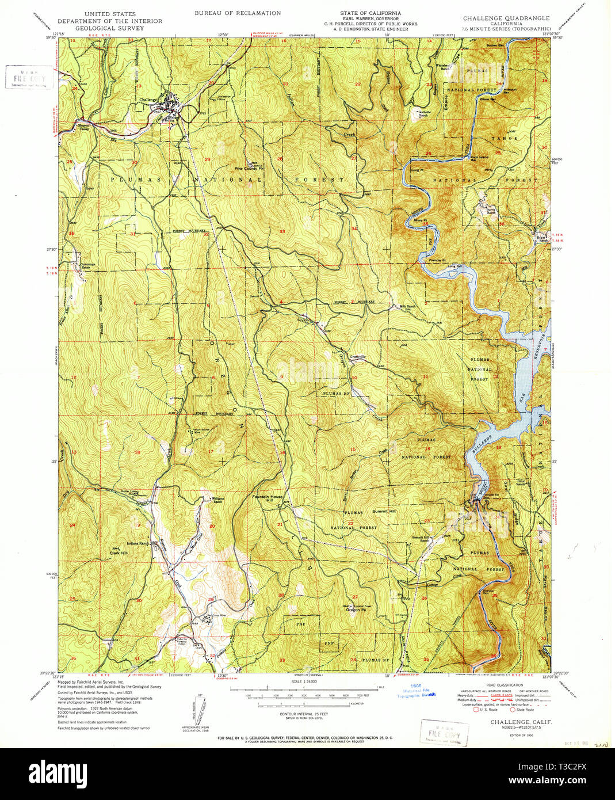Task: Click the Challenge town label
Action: (x=148, y=100)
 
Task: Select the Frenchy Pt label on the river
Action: (x=439, y=261)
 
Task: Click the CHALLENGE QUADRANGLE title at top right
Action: (x=506, y=18)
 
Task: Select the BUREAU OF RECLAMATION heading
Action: (x=238, y=13)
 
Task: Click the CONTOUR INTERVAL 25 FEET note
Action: (x=303, y=713)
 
